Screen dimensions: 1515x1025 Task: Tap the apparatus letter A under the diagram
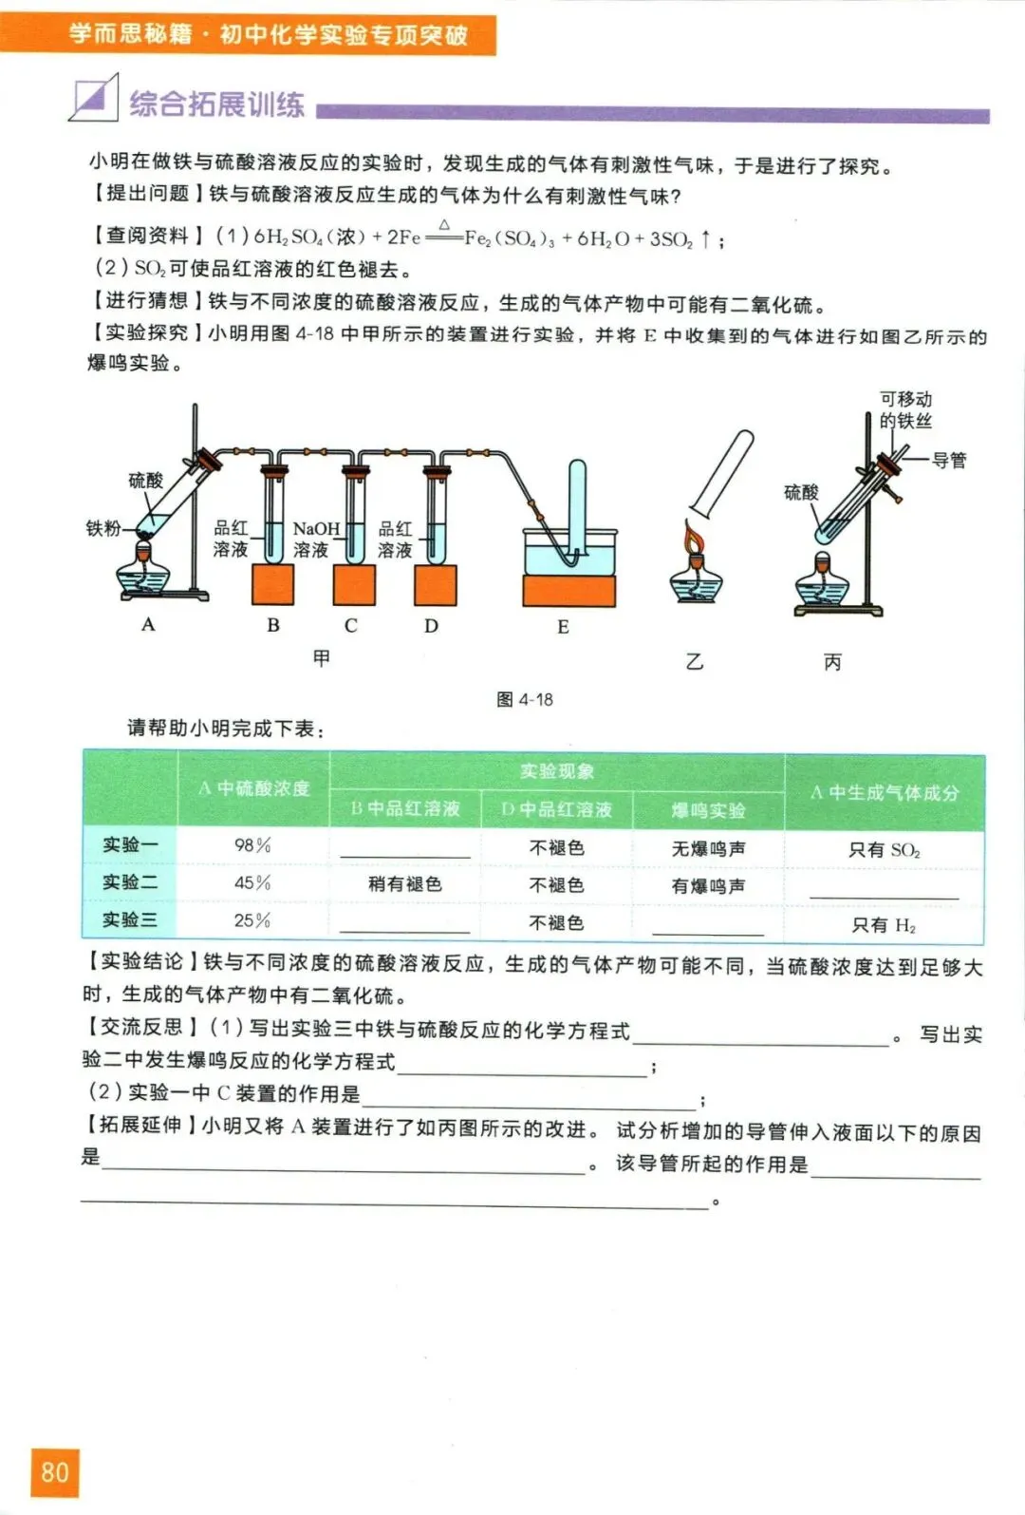[x=148, y=624]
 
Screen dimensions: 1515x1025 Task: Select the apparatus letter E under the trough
[x=563, y=627]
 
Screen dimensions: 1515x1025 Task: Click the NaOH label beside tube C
[x=315, y=529]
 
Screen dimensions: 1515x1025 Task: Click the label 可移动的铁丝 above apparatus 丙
[x=905, y=409]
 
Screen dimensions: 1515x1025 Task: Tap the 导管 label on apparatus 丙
[x=948, y=461]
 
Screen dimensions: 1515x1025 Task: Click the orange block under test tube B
[x=272, y=584]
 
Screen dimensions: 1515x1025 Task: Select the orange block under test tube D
[x=435, y=584]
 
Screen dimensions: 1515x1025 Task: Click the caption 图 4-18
[x=524, y=699]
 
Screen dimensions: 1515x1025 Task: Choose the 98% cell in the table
[x=252, y=845]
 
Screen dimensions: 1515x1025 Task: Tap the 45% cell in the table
[x=252, y=883]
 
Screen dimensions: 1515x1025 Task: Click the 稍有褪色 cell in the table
[x=405, y=884]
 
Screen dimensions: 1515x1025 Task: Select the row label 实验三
[x=130, y=920]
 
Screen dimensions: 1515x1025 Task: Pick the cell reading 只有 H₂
[x=884, y=925]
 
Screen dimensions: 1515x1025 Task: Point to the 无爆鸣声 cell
[x=708, y=848]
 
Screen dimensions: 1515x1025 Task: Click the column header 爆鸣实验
[x=708, y=810]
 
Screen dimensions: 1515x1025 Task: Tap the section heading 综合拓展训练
[x=216, y=104]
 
